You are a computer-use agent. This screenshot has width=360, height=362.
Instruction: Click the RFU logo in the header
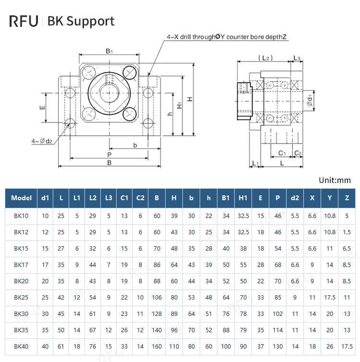coord(24,21)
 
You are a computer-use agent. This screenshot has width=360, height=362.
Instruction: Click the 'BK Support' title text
coord(81,21)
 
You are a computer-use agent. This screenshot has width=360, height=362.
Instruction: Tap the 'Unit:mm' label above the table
coord(335,180)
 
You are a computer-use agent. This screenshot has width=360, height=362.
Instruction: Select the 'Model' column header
coord(21,198)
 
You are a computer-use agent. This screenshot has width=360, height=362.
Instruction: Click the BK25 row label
coord(21,298)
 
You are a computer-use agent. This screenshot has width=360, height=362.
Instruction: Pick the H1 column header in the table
coord(243,198)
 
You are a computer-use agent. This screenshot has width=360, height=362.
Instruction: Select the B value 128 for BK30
coord(157,314)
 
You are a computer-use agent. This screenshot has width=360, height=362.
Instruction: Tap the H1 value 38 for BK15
coord(243,249)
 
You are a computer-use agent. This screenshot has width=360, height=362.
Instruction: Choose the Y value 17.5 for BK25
coord(330,298)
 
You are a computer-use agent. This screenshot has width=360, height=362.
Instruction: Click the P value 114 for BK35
coord(278,330)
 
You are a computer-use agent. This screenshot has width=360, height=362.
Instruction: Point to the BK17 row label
coord(21,265)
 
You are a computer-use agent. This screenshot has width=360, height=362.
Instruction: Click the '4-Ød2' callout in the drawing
coord(42,141)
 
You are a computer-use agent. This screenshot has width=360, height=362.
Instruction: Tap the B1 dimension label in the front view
coord(109,50)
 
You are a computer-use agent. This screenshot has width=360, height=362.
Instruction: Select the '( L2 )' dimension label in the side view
coord(265,58)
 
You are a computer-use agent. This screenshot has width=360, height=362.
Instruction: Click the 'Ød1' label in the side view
coord(310,100)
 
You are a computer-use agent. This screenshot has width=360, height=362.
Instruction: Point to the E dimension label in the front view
coord(42,107)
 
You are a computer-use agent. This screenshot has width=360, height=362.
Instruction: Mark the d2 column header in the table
coord(295,198)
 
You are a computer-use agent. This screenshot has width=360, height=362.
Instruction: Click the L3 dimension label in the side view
coord(297,58)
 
